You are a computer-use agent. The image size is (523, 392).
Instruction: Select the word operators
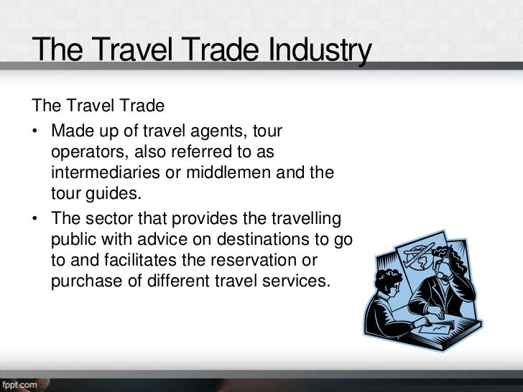coord(85,153)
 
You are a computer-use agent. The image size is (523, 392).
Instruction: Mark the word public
coord(72,240)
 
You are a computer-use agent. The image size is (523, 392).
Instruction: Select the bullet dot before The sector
coord(36,220)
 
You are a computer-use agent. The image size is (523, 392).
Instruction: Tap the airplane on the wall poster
coord(416,252)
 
